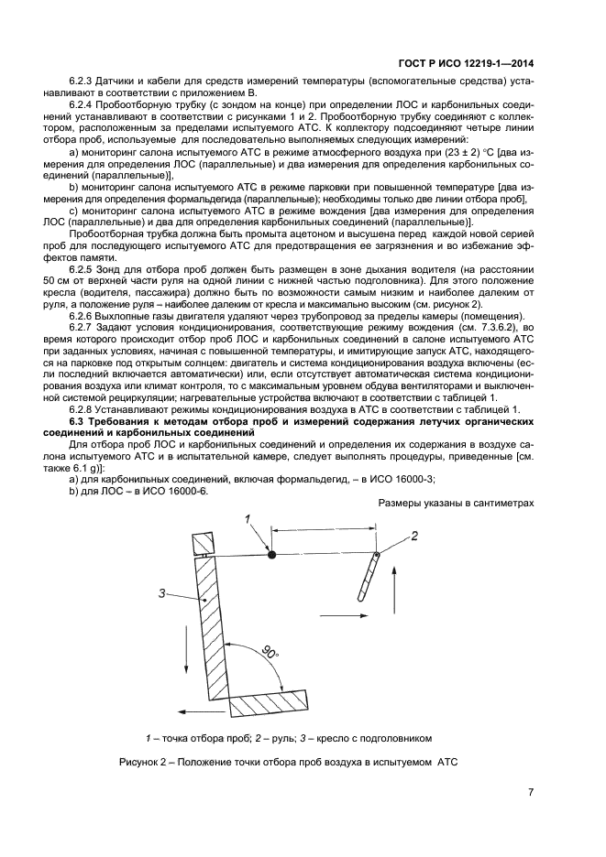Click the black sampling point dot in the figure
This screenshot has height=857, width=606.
(271, 554)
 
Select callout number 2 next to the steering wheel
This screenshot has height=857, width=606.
(414, 535)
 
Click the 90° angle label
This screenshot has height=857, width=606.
(269, 653)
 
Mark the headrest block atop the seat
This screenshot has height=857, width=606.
(201, 543)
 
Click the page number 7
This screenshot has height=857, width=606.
(531, 793)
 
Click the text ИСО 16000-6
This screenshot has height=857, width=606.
(180, 490)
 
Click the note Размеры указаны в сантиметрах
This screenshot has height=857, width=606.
(456, 504)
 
